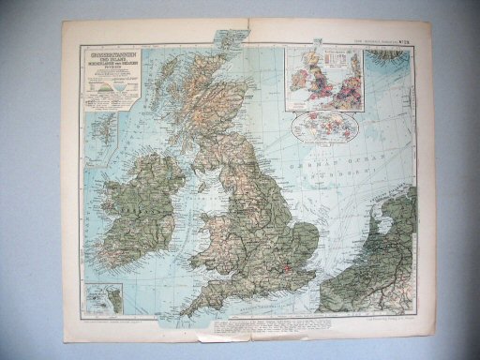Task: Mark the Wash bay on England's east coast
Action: (296, 225)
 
